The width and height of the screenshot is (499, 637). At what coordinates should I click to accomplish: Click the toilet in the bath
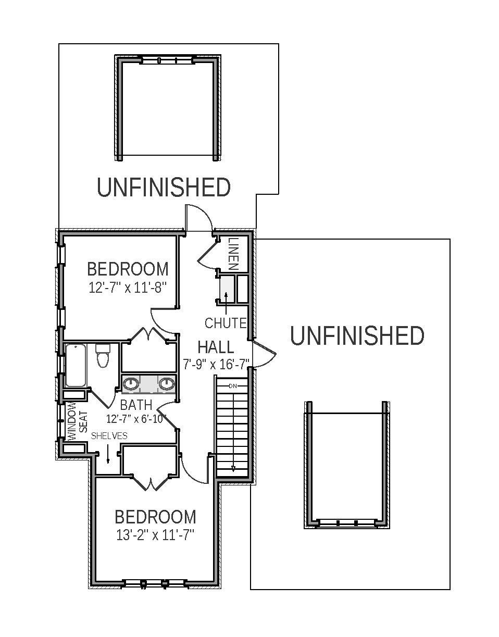click(102, 358)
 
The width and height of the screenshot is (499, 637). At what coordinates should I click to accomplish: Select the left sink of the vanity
click(130, 384)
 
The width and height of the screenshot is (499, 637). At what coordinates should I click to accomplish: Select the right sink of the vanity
click(166, 384)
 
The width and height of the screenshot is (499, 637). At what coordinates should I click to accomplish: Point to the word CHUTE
click(225, 323)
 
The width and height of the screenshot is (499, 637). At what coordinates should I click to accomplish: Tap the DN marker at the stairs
click(233, 385)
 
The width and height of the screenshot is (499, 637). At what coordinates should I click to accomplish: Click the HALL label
click(216, 347)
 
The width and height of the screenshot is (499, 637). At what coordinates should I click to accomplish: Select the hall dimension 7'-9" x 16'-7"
click(216, 363)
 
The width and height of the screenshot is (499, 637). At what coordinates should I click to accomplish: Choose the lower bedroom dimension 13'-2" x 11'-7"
click(155, 535)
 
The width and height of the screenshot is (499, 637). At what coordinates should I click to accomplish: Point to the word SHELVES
click(109, 436)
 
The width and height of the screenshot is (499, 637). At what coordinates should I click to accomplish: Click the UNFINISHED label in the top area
click(164, 188)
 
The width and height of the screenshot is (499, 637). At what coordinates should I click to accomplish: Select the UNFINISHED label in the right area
click(357, 336)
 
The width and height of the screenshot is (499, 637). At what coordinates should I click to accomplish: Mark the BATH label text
click(136, 405)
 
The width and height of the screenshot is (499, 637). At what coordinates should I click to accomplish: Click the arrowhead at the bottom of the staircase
click(233, 468)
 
